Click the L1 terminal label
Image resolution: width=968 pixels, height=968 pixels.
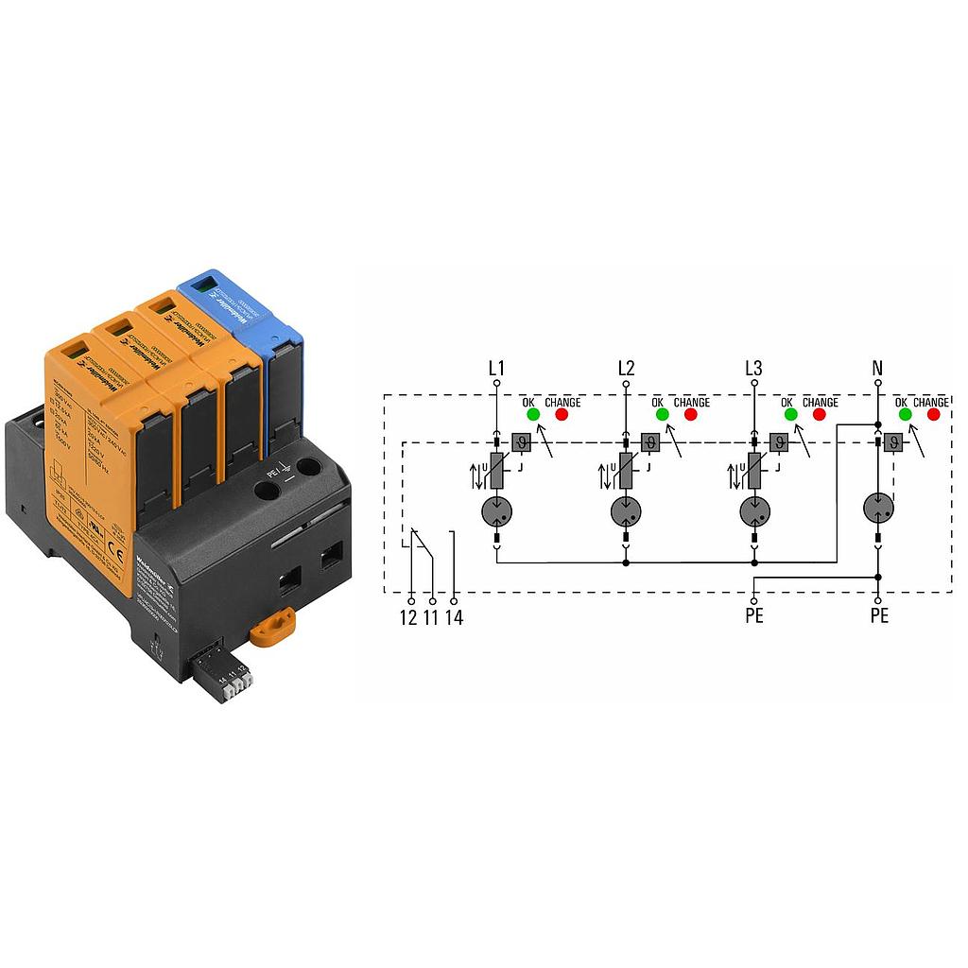coord(496,368)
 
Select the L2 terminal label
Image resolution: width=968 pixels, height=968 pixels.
coord(625,368)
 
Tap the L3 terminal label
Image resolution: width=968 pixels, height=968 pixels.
coord(753,368)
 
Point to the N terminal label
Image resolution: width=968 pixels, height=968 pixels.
coord(878,368)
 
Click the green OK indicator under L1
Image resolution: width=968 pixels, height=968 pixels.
coord(532,414)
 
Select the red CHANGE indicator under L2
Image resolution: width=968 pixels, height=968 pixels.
coord(690,414)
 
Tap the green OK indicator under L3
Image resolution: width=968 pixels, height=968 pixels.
coord(789,414)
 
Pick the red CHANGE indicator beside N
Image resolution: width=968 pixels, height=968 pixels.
coord(935,414)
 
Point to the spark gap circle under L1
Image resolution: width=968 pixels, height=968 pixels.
coord(496,511)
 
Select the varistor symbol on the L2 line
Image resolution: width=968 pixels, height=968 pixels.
coord(625,470)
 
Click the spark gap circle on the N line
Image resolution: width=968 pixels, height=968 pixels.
coord(878,509)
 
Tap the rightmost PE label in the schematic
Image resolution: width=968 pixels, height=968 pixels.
coord(878,617)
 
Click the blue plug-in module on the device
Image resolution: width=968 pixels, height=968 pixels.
coord(238,321)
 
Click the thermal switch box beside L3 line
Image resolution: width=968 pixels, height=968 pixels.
coord(778,441)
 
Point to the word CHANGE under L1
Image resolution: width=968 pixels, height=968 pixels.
coord(562,403)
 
